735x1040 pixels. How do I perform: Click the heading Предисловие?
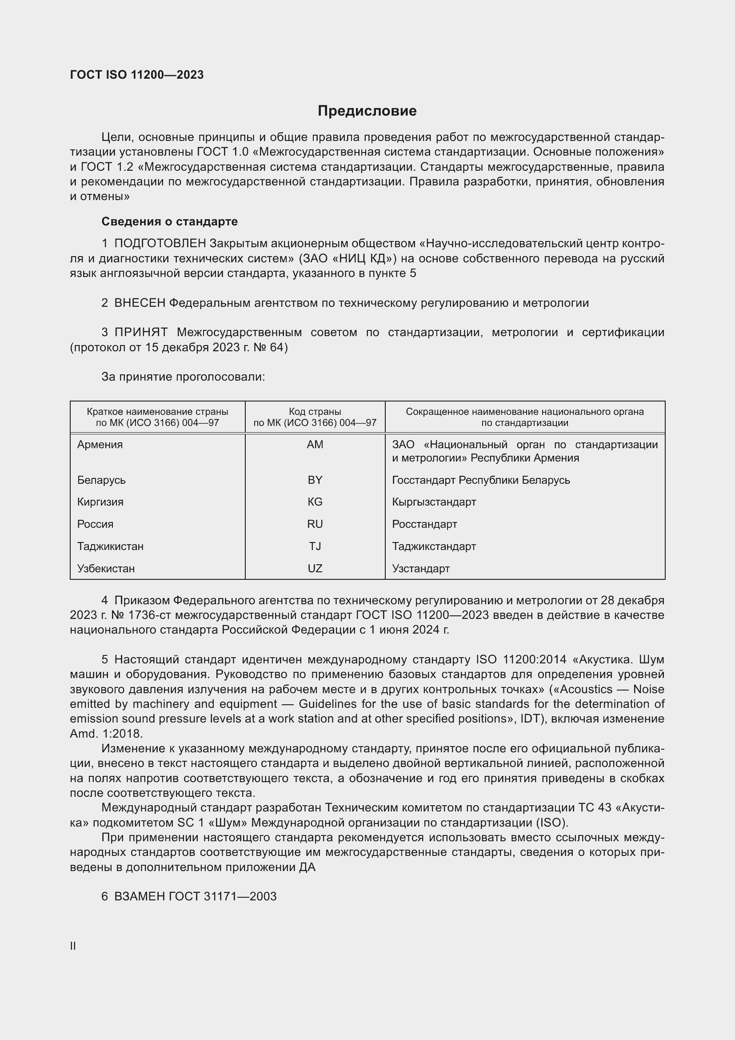coord(367,111)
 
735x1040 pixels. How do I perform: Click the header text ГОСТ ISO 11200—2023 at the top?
coord(137,75)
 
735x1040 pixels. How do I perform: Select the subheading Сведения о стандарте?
coord(169,221)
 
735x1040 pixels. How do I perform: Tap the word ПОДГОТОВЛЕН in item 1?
coord(160,244)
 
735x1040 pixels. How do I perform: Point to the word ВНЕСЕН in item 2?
coord(140,303)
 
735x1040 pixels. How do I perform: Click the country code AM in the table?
coord(315,445)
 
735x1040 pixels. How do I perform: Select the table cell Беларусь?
coord(101,480)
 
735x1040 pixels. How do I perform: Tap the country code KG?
coord(315,502)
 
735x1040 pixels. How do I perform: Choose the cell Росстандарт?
coord(424,524)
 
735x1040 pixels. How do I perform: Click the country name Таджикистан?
coord(111,546)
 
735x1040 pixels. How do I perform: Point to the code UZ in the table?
coord(315,569)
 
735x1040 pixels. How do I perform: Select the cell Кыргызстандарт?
coord(434,502)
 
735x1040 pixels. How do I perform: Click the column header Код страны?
coord(315,412)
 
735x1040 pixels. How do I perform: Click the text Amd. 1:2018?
coord(106,733)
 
